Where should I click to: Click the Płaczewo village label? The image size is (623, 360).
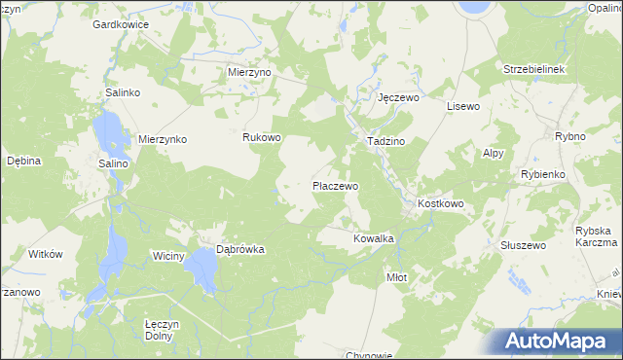335,185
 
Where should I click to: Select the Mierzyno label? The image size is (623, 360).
249,72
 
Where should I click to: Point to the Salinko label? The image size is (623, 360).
124,92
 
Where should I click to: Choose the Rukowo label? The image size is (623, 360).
261,137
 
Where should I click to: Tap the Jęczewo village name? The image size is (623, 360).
397,98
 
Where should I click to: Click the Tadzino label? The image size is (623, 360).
385,141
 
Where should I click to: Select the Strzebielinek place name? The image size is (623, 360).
534,70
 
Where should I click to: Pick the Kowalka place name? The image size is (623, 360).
373,237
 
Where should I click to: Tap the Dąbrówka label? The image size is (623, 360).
239,249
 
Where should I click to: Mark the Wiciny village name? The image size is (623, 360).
168,256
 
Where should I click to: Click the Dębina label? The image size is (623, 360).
22,161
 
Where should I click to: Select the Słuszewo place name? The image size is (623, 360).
522,245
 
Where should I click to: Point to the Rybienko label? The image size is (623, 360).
543,174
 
